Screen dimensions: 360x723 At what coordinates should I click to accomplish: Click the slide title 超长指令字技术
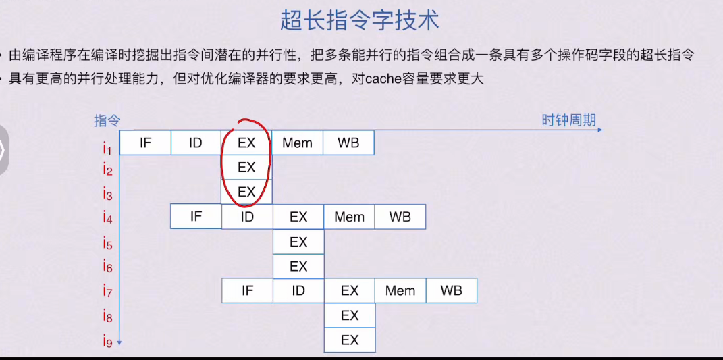[x=360, y=21]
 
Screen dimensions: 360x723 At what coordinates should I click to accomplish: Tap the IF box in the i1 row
[x=145, y=143]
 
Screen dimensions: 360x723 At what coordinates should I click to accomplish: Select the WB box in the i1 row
[x=348, y=143]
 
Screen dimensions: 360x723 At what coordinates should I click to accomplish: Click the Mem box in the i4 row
[x=349, y=217]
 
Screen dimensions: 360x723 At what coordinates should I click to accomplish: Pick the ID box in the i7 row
[x=298, y=291]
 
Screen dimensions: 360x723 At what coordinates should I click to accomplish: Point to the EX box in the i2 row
[x=246, y=167]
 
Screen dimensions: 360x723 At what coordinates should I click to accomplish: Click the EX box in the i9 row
[x=350, y=340]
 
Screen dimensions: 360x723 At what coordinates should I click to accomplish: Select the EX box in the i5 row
[x=298, y=242]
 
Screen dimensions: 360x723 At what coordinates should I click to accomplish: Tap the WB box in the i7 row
[x=451, y=291]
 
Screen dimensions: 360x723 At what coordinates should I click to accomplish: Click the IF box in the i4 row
[x=196, y=217]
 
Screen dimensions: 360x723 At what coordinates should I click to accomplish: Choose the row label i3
[x=108, y=195]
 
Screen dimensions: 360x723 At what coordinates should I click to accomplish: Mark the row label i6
[x=108, y=267]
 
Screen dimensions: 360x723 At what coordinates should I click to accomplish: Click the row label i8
[x=108, y=316]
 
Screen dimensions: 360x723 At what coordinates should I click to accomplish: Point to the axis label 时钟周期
[x=568, y=120]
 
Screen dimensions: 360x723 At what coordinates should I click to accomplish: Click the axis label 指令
[x=107, y=121]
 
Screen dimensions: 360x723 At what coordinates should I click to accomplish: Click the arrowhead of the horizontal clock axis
[x=599, y=130]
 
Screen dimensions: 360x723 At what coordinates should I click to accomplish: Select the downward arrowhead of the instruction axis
[x=119, y=343]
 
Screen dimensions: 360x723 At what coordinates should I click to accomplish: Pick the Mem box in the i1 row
[x=297, y=143]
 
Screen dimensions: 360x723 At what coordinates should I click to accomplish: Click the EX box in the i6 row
[x=298, y=266]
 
